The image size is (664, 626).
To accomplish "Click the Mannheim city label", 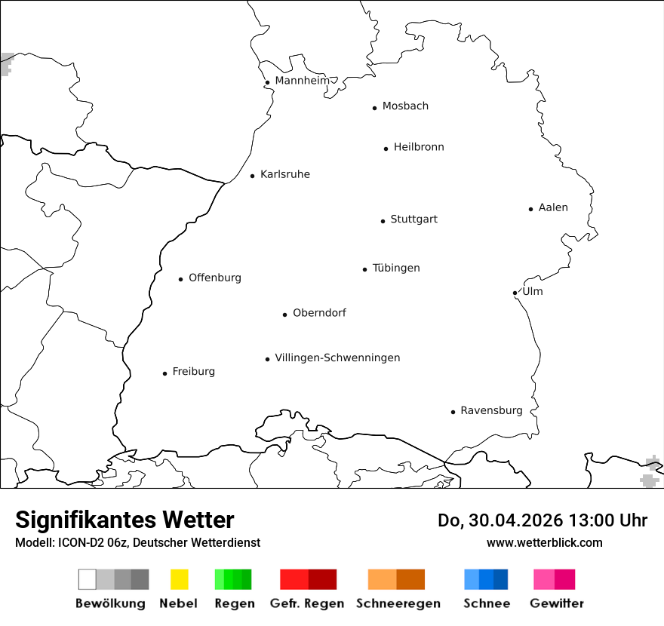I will coord(302,81).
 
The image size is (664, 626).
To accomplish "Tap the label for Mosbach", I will coord(405,106).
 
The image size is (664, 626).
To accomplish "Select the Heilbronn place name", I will coord(419,147).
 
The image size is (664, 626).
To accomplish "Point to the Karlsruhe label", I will coord(285,175).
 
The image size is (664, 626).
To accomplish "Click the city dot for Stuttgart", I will coord(383,221).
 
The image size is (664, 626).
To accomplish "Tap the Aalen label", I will coord(553,207).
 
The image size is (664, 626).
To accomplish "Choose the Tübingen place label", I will coord(396,269).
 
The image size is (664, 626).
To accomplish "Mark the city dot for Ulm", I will coord(515,293).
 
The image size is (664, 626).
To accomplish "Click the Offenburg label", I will coord(215,278).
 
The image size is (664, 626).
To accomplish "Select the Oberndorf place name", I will coord(319,313).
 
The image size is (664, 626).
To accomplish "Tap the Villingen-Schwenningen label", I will coord(337,357).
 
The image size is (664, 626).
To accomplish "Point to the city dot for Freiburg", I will coord(164,373).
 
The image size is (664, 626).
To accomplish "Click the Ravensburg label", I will coord(491,411).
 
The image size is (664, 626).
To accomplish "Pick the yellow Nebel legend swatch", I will coord(179,579).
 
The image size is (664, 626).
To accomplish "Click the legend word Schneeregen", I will coord(398,603).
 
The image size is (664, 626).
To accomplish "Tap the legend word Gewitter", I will coord(557,603).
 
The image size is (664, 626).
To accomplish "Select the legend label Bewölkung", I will coord(110,603).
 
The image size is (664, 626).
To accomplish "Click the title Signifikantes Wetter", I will coord(124,520).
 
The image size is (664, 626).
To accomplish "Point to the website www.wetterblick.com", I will coord(544,542).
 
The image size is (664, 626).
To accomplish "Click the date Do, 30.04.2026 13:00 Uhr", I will coord(542,520).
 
